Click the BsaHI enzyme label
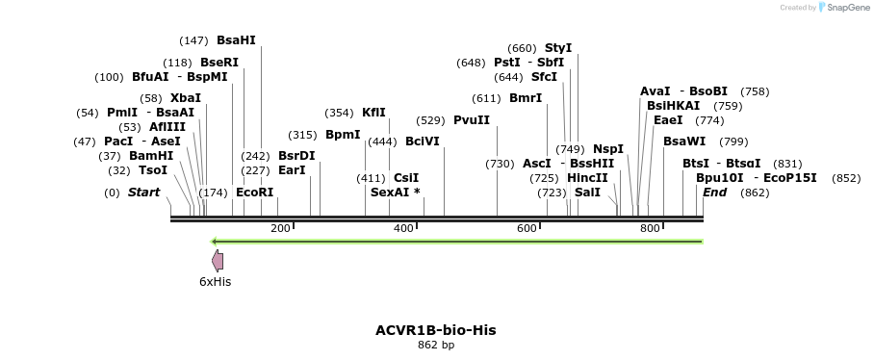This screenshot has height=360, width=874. (236, 40)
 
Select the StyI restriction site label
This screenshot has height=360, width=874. (558, 48)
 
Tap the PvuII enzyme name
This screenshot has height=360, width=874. (472, 120)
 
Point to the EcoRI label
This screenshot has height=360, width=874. (255, 193)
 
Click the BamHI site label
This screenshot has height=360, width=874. (151, 156)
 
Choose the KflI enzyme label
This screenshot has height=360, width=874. (373, 113)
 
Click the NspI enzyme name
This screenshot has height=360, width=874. (608, 149)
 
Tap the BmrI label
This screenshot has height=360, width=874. (526, 98)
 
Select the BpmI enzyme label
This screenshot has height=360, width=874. (343, 135)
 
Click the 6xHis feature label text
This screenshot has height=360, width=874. (215, 282)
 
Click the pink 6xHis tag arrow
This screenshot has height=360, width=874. (218, 260)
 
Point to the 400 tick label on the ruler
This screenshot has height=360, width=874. (403, 228)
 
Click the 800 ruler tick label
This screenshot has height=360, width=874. (650, 228)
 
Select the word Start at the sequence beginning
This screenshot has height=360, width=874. (143, 193)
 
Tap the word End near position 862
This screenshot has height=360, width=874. (714, 193)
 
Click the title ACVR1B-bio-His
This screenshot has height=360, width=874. (436, 330)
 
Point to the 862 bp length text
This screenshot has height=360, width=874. (436, 345)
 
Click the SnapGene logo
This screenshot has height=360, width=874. (842, 8)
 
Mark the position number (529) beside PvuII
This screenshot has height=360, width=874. (430, 120)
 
